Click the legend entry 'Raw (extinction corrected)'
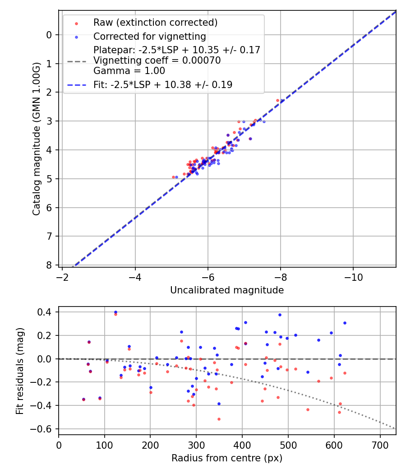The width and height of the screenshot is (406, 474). coord(155,23)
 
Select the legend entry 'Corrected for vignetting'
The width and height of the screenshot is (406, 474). coord(149,36)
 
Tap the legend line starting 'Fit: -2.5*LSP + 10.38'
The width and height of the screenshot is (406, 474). coord(163,84)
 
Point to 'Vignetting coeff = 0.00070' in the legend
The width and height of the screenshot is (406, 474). coord(157,60)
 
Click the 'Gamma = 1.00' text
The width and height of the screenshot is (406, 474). coord(129,71)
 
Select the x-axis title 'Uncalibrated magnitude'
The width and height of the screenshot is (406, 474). coord(227,290)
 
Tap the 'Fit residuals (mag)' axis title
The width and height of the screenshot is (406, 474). coord(19,371)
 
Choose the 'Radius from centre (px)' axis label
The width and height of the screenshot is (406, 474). coord(227,458)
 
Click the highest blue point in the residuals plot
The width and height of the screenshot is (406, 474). coord(115,312)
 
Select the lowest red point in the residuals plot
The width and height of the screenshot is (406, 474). coord(219,419)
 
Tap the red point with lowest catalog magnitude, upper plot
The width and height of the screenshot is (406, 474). coord(277,100)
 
